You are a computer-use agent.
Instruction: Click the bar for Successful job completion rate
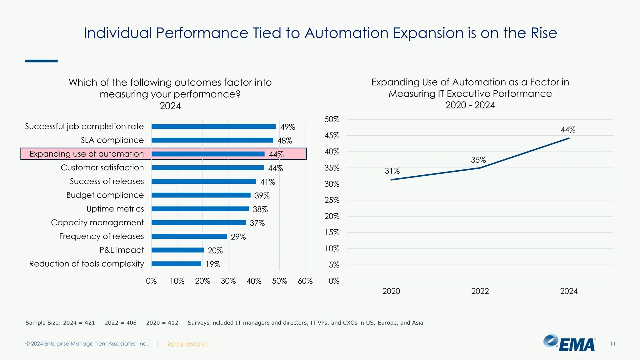coord(214,127)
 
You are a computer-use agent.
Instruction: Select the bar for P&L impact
coord(177,250)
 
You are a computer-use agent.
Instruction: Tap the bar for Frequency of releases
coord(189,236)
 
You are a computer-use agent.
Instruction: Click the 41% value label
coord(267,182)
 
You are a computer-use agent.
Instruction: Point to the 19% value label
coord(213,264)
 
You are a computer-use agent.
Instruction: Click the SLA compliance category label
coord(112,140)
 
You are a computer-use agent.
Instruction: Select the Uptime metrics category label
coord(115,209)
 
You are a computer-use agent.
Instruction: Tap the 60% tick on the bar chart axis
coord(305,281)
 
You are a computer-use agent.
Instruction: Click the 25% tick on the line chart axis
coord(332,200)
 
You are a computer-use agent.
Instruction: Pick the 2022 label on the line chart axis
coord(480,291)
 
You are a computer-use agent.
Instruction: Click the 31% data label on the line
coord(392,171)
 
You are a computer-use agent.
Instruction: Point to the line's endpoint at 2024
coord(569,138)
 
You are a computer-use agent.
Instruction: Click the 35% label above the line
coord(478,160)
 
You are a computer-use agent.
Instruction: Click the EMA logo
coord(569,343)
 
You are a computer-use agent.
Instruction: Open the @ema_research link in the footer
coord(187,344)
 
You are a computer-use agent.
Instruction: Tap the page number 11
coord(612,344)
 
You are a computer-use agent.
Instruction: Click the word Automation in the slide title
coord(346,33)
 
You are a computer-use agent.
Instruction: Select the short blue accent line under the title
coord(41,61)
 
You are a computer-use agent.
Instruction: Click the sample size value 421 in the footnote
coord(90,323)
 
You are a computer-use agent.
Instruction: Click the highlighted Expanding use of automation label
coord(87,154)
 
